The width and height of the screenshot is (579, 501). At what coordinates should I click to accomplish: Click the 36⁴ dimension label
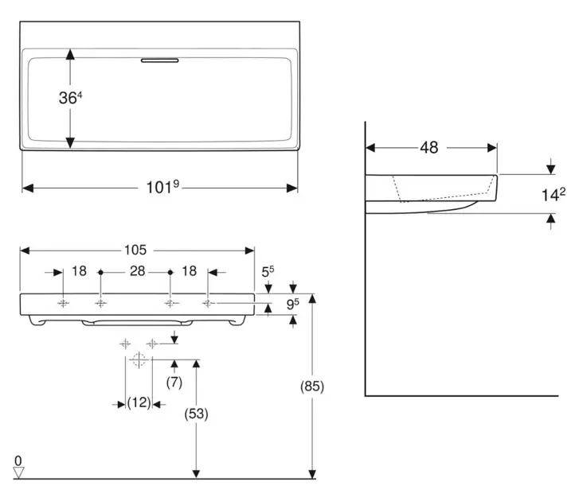(x=71, y=98)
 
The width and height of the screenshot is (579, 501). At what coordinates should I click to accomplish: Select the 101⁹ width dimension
(x=163, y=188)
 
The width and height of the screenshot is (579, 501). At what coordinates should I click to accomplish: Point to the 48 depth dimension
(x=430, y=147)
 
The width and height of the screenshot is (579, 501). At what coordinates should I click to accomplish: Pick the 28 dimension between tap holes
(x=137, y=271)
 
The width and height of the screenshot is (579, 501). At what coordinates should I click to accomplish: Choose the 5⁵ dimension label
(x=268, y=271)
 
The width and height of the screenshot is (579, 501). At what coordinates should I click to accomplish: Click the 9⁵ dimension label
(x=293, y=303)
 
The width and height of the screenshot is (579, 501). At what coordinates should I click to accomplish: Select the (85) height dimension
(x=312, y=386)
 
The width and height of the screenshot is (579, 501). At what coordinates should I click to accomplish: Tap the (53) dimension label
(x=195, y=414)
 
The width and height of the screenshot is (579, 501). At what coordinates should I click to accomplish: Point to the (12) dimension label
(x=139, y=403)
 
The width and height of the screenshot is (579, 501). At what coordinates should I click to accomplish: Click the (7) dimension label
(x=174, y=382)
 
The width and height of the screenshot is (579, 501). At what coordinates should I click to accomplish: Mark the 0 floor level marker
(x=17, y=460)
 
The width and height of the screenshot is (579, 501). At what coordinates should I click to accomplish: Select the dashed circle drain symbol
(x=139, y=360)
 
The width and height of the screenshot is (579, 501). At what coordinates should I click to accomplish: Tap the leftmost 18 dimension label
(x=79, y=271)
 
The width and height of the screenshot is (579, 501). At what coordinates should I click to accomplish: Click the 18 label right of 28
(x=189, y=271)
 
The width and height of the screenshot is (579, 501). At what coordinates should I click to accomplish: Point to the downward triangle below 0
(x=19, y=472)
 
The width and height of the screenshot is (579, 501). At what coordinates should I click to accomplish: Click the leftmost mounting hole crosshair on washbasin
(x=62, y=303)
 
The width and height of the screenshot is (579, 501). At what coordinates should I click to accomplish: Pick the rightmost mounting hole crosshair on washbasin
(x=208, y=303)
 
